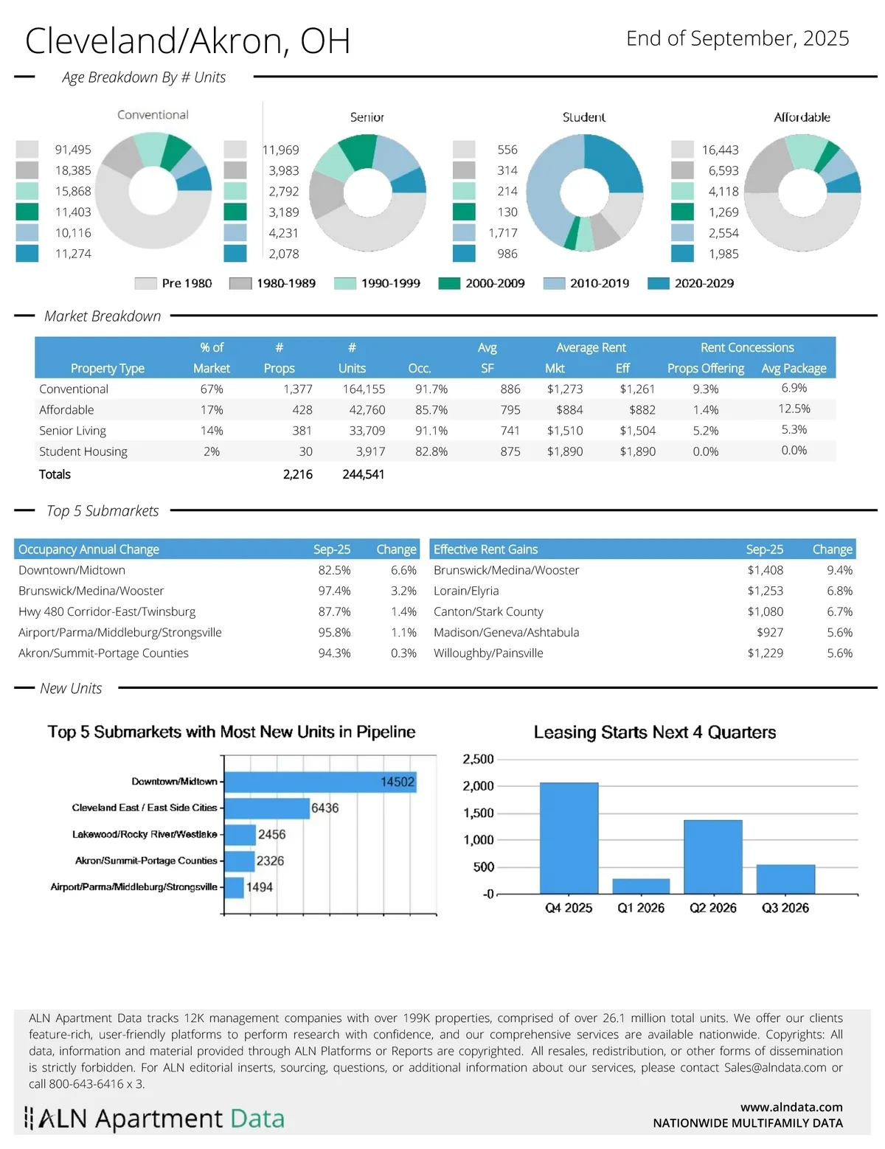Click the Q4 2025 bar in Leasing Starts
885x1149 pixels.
569,838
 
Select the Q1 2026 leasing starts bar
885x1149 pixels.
641,886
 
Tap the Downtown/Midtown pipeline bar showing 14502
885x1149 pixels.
320,782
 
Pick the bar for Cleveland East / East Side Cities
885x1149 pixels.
266,808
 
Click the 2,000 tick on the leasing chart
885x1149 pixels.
478,786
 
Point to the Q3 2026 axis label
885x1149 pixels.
785,908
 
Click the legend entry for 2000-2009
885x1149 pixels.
482,283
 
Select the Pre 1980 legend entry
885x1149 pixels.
173,283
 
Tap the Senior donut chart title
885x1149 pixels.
367,117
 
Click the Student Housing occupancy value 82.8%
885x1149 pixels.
431,451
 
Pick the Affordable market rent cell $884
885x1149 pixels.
569,410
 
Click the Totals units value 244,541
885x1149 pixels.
363,474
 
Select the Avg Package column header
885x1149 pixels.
794,368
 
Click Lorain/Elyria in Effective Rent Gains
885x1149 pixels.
466,591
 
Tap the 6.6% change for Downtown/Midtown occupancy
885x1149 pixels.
403,570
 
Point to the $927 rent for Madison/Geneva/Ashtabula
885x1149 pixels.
770,632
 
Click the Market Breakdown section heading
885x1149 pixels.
103,316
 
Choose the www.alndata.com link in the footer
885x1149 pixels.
791,1107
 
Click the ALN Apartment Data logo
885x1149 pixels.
154,1119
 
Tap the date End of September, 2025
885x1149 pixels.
737,38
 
